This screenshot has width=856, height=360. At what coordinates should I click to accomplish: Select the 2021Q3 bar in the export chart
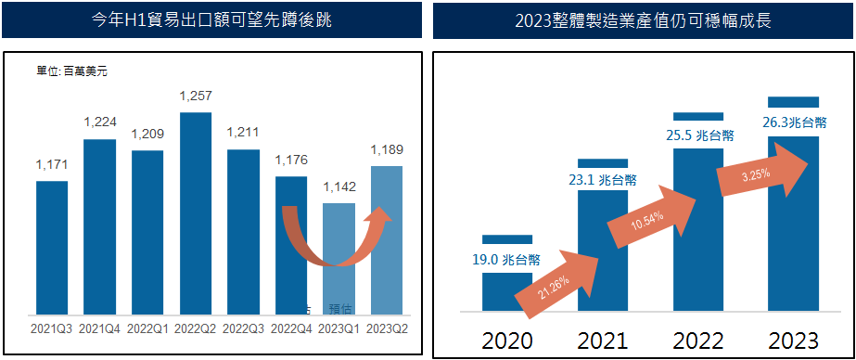[x=52, y=247]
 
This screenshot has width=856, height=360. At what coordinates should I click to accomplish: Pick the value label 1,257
[x=196, y=96]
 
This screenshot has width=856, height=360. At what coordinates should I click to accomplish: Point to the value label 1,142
[x=339, y=186]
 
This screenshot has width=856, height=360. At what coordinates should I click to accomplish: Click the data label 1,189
[x=386, y=150]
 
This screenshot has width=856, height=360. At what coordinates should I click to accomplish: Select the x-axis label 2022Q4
[x=290, y=328]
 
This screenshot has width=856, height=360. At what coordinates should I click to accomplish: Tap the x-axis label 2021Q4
[x=100, y=328]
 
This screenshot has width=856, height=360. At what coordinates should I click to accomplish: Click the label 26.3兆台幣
[x=793, y=123]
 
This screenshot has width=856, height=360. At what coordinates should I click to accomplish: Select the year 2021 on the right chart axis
[x=602, y=340]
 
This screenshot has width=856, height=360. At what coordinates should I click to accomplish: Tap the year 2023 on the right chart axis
[x=793, y=340]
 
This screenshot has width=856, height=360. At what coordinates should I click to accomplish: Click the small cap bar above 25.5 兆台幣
[x=697, y=116]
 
